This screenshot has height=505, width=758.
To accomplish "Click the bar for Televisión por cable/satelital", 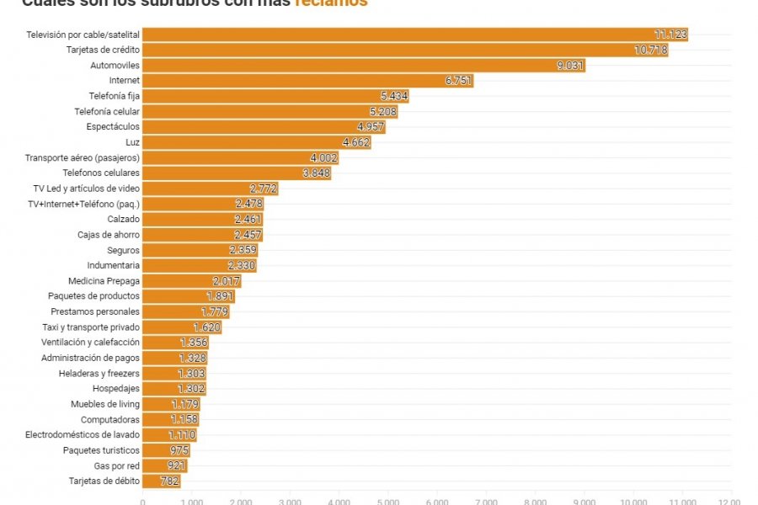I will click(x=413, y=35).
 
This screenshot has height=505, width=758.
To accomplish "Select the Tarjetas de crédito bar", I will click(x=404, y=50).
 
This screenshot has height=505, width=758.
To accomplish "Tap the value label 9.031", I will click(x=570, y=66).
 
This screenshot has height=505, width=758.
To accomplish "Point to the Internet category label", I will click(x=124, y=81).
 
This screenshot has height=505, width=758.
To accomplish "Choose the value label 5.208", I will click(x=383, y=112).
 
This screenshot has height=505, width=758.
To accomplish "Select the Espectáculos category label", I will click(x=113, y=127).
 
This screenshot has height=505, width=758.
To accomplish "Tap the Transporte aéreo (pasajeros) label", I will click(x=83, y=157).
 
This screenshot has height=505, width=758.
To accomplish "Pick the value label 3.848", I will click(x=316, y=173).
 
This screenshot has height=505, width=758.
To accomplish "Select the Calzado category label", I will click(x=124, y=219).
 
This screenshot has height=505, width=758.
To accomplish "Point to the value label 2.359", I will click(x=243, y=250).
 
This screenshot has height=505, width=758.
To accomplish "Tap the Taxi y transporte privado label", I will click(x=91, y=327).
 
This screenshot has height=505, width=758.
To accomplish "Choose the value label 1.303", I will click(x=191, y=374).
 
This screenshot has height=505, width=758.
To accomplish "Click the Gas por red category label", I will click(x=117, y=465).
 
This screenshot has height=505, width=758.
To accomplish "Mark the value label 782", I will click(x=169, y=481).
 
